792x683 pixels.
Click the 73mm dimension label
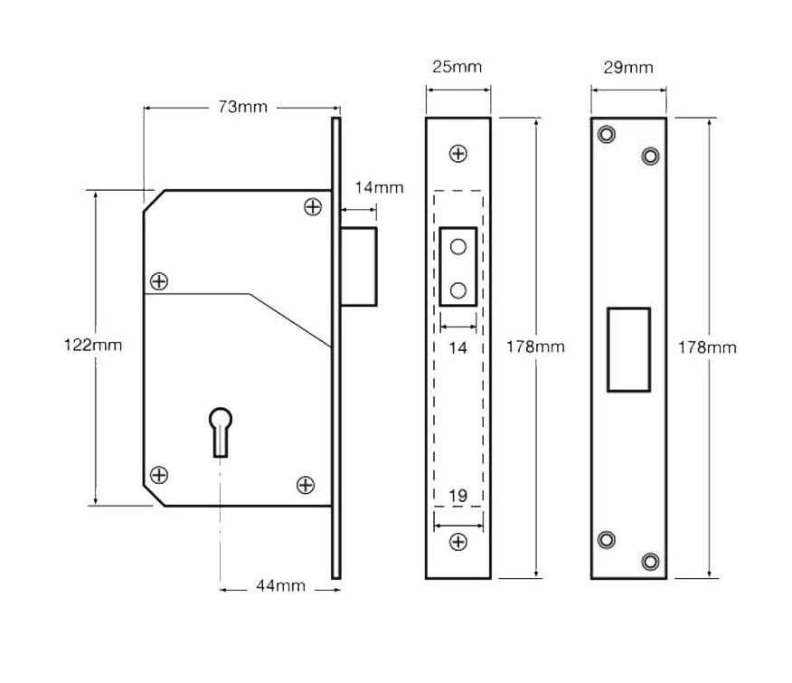(x=242, y=107)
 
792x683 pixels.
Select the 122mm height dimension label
(x=92, y=345)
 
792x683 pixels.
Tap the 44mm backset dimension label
(x=280, y=586)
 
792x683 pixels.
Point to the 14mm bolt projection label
(x=379, y=187)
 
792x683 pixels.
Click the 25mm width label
(x=457, y=67)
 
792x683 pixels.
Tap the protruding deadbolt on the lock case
(x=360, y=266)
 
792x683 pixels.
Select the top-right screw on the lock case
(x=313, y=207)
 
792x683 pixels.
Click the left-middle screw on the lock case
(x=159, y=281)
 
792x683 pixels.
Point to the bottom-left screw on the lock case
(x=159, y=474)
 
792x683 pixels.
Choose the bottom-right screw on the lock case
(x=306, y=485)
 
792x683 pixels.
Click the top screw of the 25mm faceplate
(x=458, y=153)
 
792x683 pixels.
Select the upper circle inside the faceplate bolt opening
(x=458, y=247)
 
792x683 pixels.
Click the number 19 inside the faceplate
(x=458, y=495)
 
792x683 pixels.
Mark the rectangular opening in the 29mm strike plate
(x=628, y=349)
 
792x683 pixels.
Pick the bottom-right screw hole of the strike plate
(x=650, y=561)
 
